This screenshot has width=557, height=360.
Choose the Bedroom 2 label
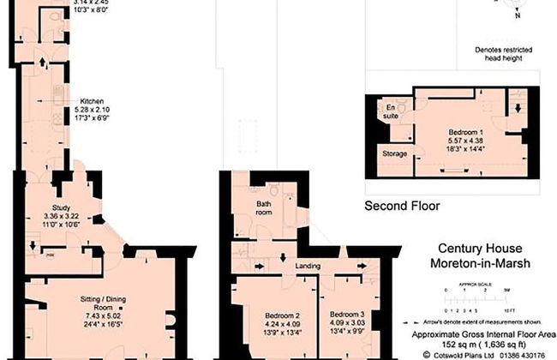[281, 315]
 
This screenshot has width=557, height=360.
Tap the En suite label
[391, 110]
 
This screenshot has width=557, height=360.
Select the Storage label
[395, 154]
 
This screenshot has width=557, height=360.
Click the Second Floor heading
[402, 206]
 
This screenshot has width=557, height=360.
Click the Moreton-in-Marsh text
[480, 263]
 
